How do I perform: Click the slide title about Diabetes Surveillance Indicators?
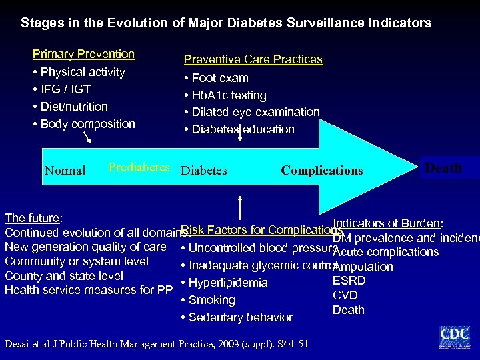pyautogui.click(x=226, y=23)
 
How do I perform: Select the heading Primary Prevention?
pyautogui.click(x=84, y=54)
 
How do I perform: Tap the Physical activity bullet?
pyautogui.click(x=83, y=71)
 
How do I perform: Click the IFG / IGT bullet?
pyautogui.click(x=65, y=89)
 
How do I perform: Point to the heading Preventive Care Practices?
pyautogui.click(x=253, y=59)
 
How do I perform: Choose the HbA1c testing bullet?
pyautogui.click(x=229, y=95)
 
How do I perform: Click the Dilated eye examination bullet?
pyautogui.click(x=255, y=112)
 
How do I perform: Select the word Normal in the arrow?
pyautogui.click(x=65, y=171)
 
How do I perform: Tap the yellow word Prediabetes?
pyautogui.click(x=139, y=167)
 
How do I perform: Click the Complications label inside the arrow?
pyautogui.click(x=322, y=171)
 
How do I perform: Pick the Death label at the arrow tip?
pyautogui.click(x=443, y=168)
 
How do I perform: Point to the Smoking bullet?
pyautogui.click(x=211, y=300)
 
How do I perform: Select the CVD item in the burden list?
pyautogui.click(x=345, y=295)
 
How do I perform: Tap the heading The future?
pyautogui.click(x=33, y=218)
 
